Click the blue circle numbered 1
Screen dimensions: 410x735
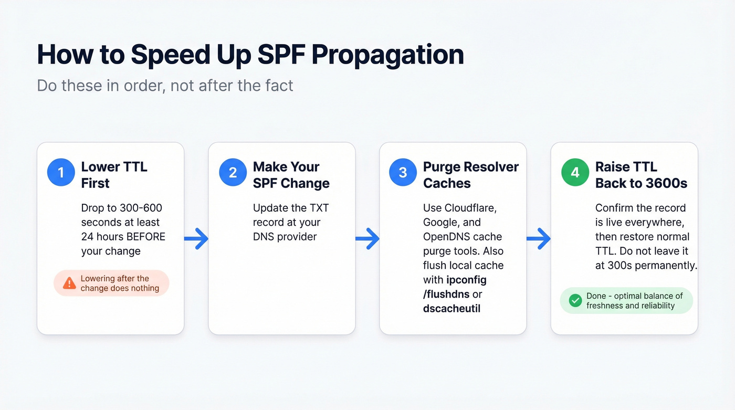pos(61,173)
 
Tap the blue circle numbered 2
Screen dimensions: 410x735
pos(233,173)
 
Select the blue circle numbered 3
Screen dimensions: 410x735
pos(403,173)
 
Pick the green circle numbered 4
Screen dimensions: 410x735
pos(575,173)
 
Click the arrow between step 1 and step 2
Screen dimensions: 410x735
pos(196,239)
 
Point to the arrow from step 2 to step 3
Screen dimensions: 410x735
pos(367,239)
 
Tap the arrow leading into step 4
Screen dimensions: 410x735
pos(539,239)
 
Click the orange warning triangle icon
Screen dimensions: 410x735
pos(69,283)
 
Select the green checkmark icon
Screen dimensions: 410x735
pos(575,300)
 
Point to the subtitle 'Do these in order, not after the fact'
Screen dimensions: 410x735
pos(165,85)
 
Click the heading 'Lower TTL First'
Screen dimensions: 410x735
pos(113,175)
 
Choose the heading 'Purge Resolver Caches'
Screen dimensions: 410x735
pos(470,175)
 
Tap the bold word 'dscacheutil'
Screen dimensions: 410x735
pos(451,309)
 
